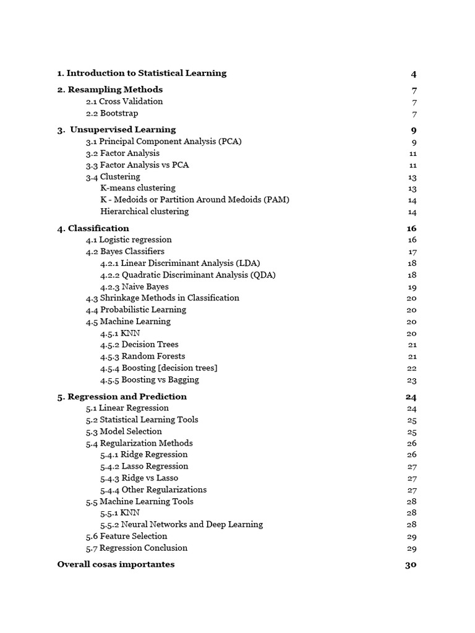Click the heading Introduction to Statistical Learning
coord(142,73)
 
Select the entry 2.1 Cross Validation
coord(124,101)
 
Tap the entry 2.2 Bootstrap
coord(112,113)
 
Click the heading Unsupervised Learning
coord(116,130)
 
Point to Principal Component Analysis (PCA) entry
coord(163,142)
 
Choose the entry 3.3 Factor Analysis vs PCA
coord(137,165)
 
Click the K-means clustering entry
coord(137,188)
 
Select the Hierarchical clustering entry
coord(144,211)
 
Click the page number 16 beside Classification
coord(411,229)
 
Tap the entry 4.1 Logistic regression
coord(129,240)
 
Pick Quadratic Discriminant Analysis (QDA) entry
coord(188,274)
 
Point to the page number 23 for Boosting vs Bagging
coord(412,380)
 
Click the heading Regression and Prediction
coord(122,397)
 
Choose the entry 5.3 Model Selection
coord(124,431)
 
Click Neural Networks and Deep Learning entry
coord(181,524)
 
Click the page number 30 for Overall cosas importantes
coord(411,564)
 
